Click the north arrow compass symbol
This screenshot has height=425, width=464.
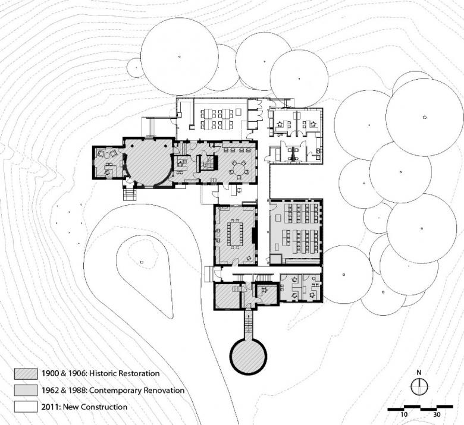pos(419,386)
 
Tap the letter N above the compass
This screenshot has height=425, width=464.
pos(419,373)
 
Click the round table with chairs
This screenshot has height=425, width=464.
pos(239,169)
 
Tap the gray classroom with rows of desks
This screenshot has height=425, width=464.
pos(296,231)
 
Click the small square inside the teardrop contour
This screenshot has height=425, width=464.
pos(142,262)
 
